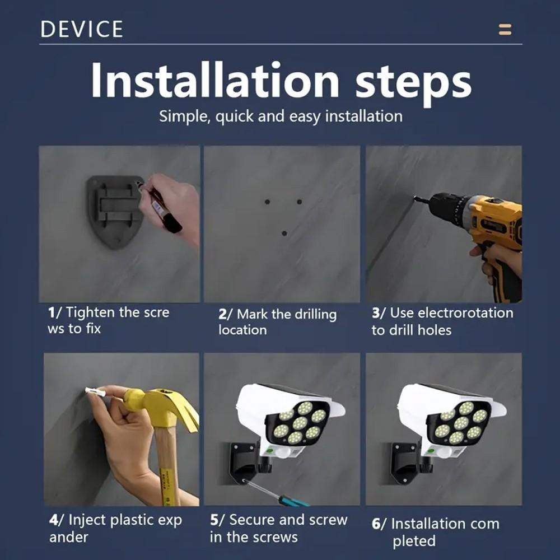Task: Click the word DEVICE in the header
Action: [x=81, y=29]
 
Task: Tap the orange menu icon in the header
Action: [x=505, y=29]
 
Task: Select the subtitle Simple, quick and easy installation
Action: [x=281, y=116]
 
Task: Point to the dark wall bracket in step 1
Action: [x=114, y=211]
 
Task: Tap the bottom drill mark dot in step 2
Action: [x=284, y=233]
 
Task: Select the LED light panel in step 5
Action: [x=300, y=423]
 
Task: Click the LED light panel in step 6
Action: [x=461, y=423]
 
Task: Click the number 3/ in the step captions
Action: [x=379, y=313]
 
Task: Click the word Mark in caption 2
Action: [x=253, y=314]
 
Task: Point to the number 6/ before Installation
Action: [x=379, y=524]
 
